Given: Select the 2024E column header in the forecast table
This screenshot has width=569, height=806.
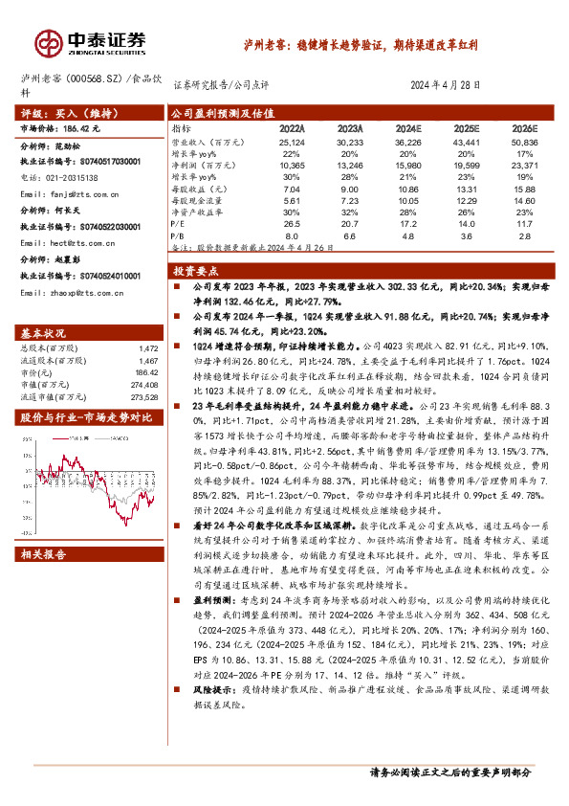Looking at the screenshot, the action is [x=407, y=126].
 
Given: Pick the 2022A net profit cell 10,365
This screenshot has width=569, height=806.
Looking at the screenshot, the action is [x=294, y=165].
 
